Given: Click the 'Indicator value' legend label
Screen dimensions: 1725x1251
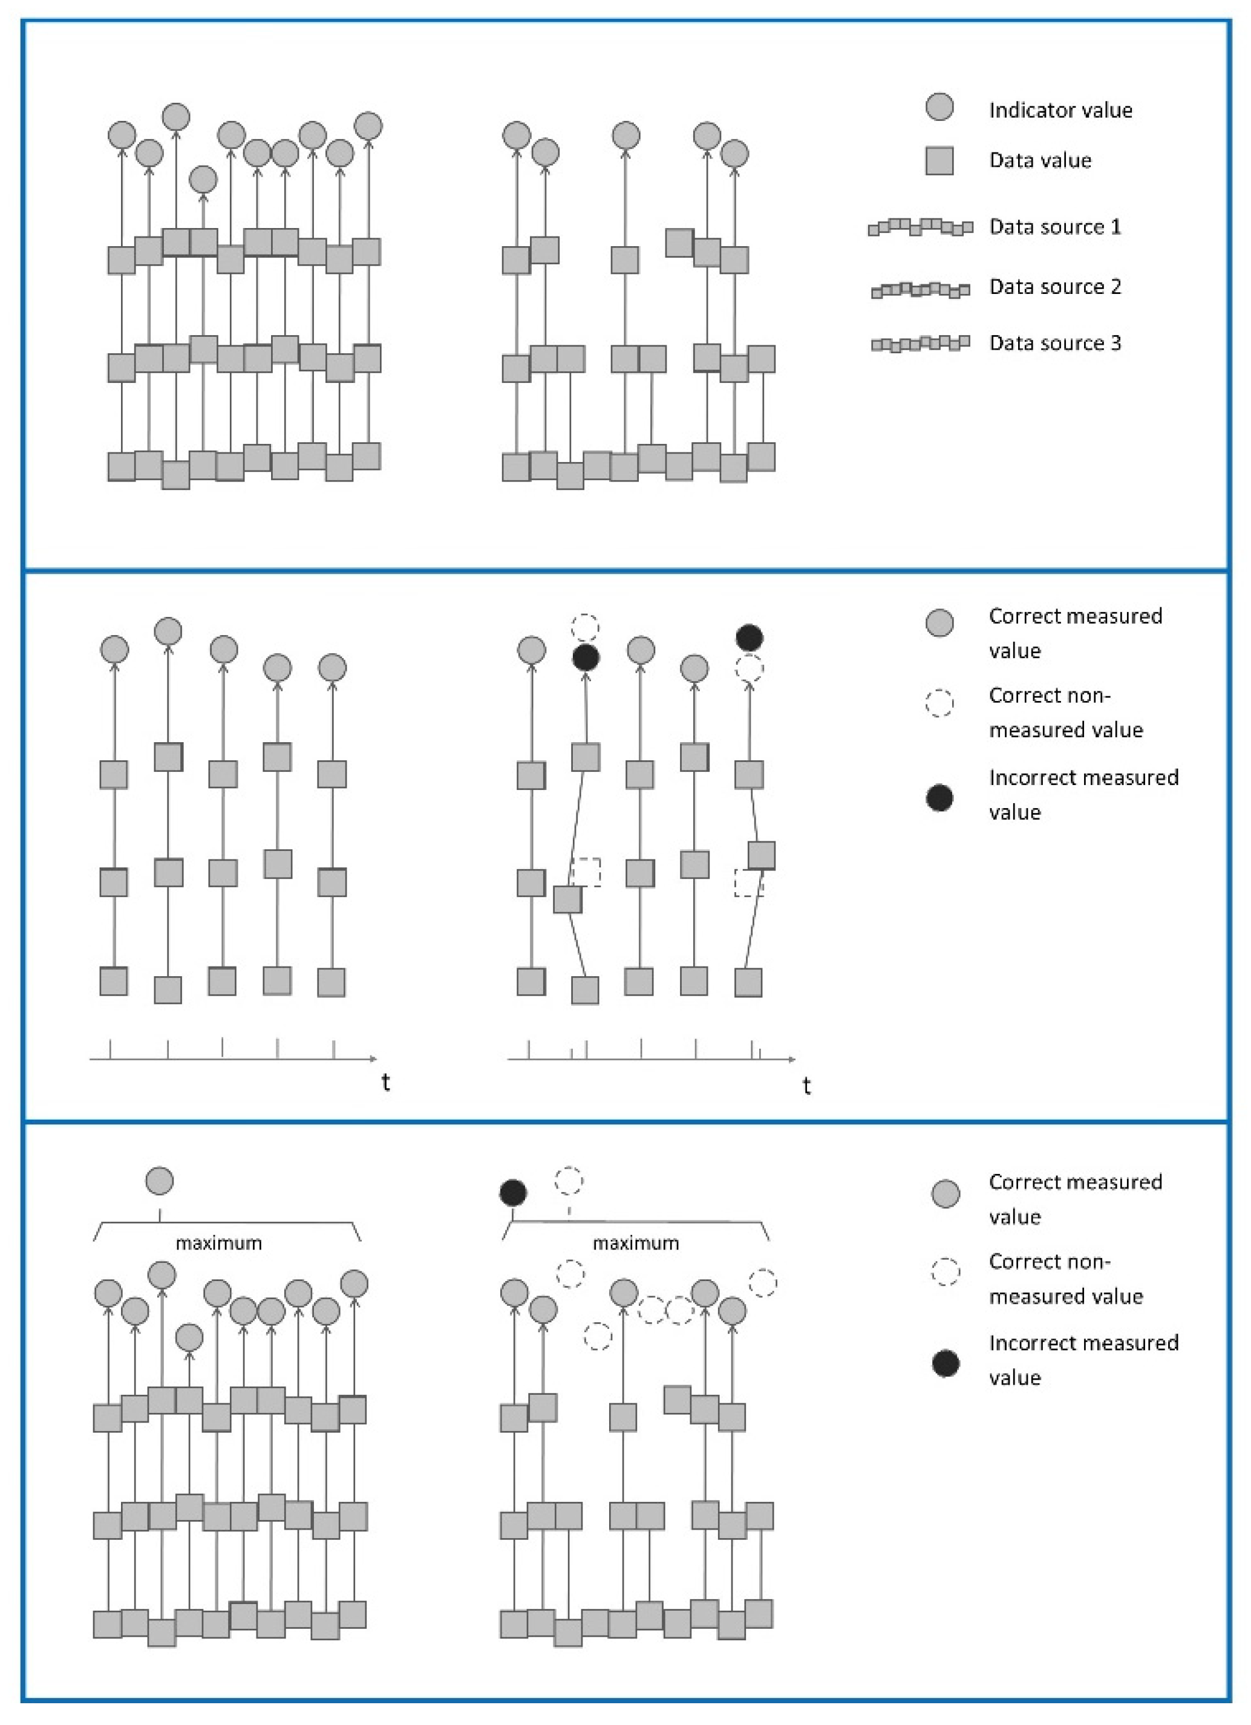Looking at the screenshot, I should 1060,110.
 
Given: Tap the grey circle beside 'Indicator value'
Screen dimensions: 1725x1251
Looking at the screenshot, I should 940,107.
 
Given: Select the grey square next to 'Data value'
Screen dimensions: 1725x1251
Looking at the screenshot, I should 940,160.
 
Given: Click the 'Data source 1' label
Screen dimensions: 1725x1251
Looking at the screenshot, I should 1055,227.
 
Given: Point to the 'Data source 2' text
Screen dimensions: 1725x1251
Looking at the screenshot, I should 1055,287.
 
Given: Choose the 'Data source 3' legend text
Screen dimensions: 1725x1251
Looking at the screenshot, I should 1055,343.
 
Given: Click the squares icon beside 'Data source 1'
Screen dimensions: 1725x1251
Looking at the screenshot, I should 920,227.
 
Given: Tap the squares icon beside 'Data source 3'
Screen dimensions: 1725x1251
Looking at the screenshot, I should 920,343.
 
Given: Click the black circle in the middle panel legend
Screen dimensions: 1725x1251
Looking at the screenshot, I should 940,798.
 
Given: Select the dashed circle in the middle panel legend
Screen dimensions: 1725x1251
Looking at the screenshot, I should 940,703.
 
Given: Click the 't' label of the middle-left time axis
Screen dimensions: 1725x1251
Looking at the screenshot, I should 387,1081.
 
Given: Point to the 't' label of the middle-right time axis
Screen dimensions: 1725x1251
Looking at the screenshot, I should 807,1085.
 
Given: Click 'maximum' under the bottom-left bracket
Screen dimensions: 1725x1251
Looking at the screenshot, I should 219,1243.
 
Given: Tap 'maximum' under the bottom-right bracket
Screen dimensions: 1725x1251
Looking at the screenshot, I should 636,1243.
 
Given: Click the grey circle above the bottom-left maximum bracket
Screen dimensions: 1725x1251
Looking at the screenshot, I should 160,1181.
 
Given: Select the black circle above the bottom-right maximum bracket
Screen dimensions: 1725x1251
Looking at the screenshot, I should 514,1193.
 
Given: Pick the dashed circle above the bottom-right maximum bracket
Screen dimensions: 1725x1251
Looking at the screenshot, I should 569,1181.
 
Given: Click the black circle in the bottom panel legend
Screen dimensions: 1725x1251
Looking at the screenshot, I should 946,1364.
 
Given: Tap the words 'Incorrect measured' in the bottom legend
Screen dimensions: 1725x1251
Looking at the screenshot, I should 1083,1343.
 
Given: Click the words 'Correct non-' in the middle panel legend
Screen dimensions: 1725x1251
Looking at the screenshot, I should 1050,695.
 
